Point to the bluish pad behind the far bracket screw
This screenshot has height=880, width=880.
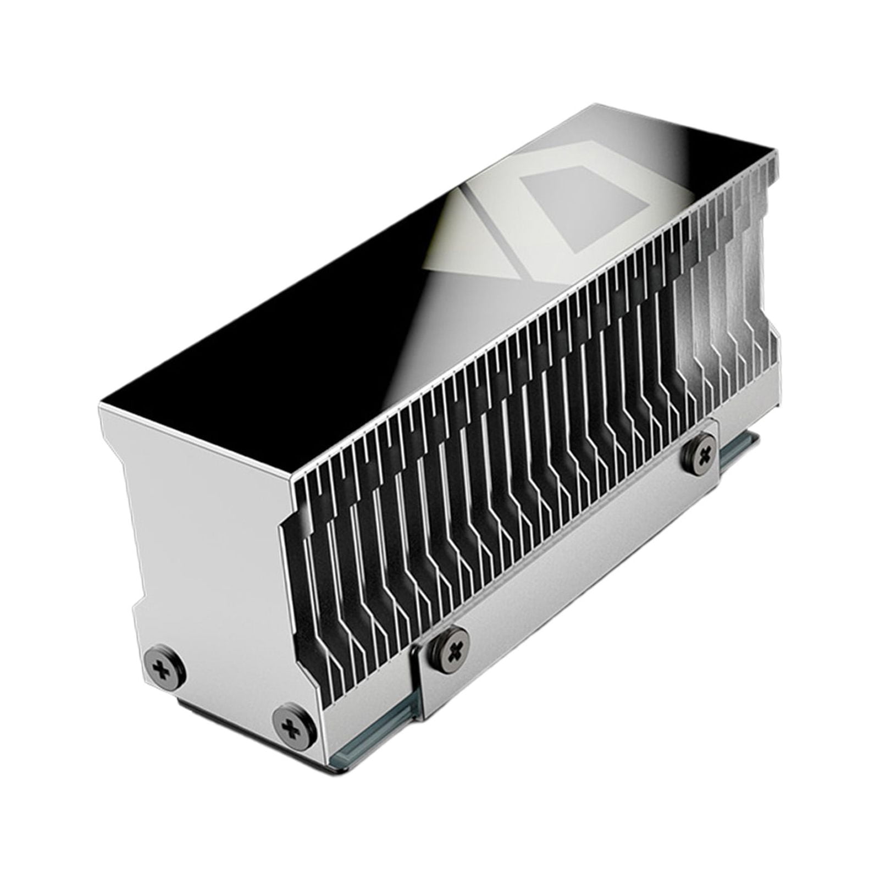(734, 451)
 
